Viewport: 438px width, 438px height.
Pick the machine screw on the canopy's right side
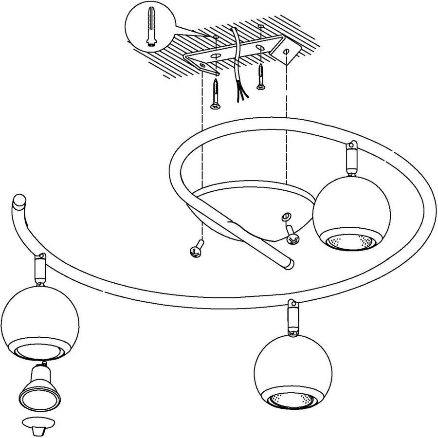point(291,235)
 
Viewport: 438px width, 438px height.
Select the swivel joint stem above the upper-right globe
point(350,159)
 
